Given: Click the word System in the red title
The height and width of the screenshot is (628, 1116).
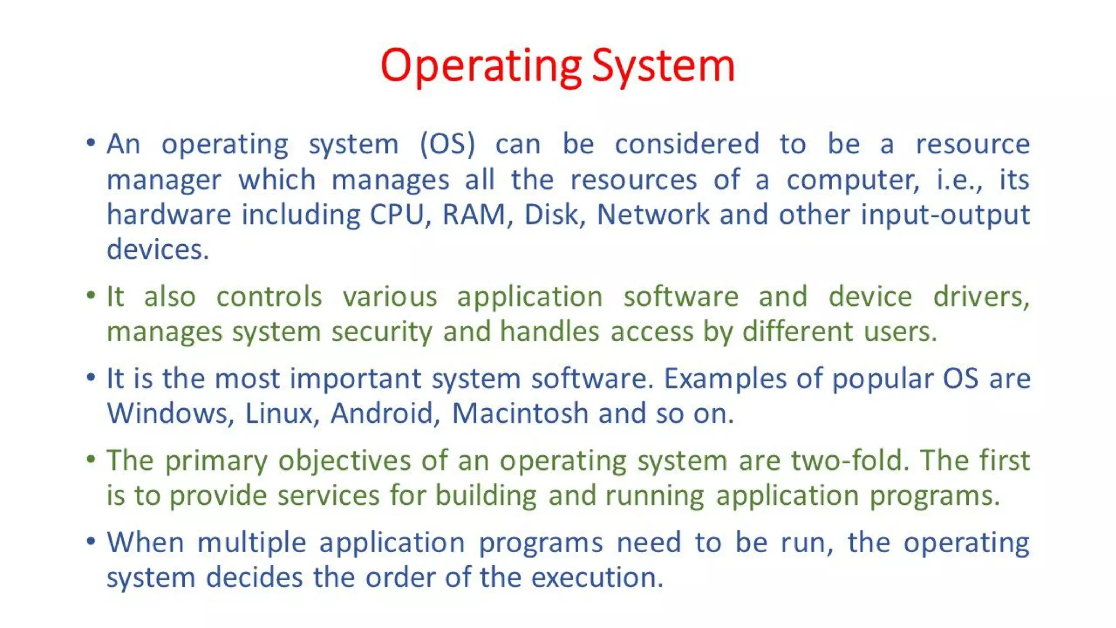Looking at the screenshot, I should [x=663, y=66].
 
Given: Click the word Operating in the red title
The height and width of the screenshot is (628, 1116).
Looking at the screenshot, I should [x=481, y=66].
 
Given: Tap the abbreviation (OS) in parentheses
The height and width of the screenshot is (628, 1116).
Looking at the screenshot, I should [x=447, y=144].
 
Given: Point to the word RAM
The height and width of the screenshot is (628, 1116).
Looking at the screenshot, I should [x=474, y=215].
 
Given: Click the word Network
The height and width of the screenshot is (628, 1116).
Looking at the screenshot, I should [x=653, y=215].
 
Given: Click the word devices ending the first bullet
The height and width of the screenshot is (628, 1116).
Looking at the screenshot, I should [x=157, y=250].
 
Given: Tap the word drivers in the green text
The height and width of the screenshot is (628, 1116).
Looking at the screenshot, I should [x=980, y=298].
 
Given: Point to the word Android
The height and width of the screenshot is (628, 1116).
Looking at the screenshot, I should [x=384, y=414].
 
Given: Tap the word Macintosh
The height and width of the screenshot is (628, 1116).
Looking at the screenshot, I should [x=520, y=414].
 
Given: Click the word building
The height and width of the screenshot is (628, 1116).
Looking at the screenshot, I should [x=486, y=497].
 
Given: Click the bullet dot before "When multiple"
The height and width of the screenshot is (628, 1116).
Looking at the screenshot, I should [x=91, y=541].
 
